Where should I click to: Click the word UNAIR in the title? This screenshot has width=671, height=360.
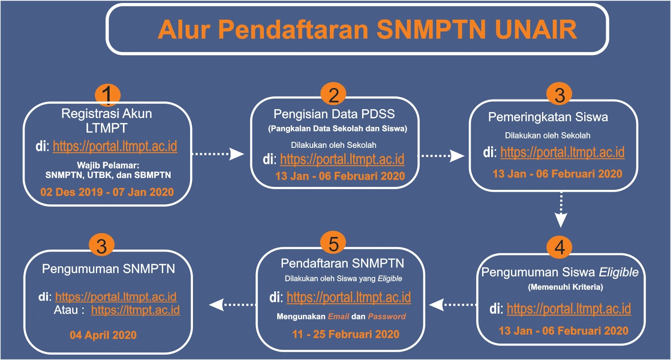point(536,30)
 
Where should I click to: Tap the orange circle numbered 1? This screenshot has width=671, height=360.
point(107,95)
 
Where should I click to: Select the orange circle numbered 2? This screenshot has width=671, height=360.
point(333,94)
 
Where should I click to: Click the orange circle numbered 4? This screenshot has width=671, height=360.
point(559,248)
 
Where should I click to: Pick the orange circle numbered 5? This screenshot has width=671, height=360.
point(333,243)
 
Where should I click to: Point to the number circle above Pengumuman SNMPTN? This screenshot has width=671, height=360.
point(102,246)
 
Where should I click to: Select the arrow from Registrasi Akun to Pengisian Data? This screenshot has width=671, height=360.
point(218,154)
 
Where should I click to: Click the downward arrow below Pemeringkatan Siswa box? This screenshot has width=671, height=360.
point(561,210)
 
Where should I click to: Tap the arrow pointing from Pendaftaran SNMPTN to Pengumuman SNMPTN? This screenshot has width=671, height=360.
point(232,305)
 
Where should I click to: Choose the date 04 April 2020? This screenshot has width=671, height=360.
point(103,335)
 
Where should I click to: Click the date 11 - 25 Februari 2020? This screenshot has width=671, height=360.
point(346,334)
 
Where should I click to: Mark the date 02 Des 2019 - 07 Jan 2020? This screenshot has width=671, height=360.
point(107,192)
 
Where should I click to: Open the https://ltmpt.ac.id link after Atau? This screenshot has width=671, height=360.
point(135,310)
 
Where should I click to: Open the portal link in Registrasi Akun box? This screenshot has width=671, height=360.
point(115,146)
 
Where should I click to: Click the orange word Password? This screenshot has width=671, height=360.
point(387,316)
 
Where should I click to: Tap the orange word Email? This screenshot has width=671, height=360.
point(338,316)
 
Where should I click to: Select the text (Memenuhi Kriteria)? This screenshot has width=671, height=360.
point(565,287)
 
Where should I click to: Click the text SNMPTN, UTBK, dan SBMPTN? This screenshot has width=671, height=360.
point(108,175)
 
